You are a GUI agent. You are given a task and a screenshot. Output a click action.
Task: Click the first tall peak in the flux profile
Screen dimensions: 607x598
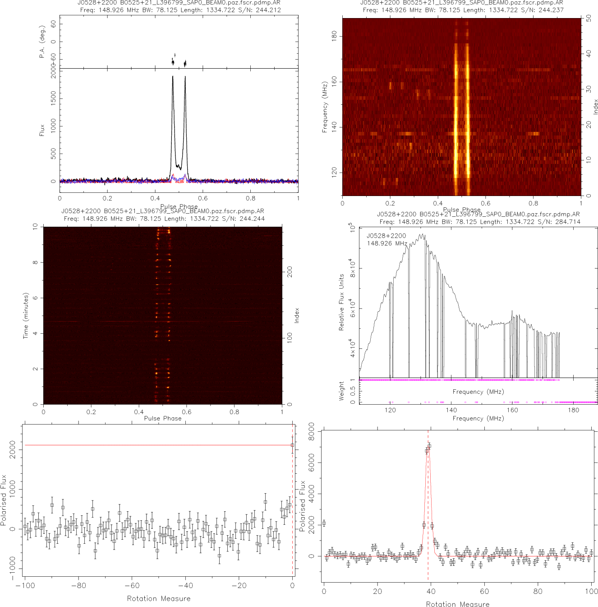173,77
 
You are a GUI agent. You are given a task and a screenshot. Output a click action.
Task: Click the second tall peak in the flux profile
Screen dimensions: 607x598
185,77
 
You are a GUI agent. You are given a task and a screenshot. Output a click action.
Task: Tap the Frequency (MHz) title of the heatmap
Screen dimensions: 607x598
324,107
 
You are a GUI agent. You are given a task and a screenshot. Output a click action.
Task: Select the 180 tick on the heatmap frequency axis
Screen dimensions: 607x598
334,37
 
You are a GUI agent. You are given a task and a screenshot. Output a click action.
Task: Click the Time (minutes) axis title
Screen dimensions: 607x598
26,316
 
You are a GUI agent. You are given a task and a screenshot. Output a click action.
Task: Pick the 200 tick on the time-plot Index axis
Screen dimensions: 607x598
290,271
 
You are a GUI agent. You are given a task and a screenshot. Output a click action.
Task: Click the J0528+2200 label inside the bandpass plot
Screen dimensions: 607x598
386,236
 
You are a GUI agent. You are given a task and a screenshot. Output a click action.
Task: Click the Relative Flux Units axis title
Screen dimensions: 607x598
341,302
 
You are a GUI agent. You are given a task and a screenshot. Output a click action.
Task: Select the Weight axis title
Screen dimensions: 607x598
341,391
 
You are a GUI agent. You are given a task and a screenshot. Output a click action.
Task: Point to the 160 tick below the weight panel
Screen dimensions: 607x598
512,410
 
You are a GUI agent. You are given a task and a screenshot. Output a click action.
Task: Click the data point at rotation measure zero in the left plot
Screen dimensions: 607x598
292,445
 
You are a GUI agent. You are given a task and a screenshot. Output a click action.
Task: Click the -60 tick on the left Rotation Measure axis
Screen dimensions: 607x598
132,586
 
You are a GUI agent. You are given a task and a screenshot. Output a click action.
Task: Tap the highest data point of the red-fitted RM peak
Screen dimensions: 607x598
429,446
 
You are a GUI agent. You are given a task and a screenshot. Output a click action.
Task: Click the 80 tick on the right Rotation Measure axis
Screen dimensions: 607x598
538,591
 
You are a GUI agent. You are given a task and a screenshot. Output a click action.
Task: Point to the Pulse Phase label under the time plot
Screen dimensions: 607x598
163,418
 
